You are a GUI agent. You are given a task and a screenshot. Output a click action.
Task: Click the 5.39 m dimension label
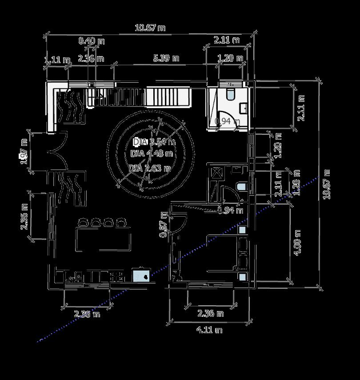[x=166, y=58]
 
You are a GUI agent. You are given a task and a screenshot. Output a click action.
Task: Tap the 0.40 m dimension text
[x=92, y=41]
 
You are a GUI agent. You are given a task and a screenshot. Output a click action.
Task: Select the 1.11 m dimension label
[x=57, y=60]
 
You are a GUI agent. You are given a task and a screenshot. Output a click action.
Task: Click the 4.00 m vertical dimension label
[x=298, y=242]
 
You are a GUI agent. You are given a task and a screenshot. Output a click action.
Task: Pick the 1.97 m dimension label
[x=24, y=151]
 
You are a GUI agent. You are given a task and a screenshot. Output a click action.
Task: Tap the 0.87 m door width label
[x=164, y=223]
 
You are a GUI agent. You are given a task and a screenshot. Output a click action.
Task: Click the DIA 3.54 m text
[x=154, y=142]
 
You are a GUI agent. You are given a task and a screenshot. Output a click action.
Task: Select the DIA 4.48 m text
[x=152, y=154]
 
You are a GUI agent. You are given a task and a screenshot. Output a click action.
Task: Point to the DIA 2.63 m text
[x=150, y=168]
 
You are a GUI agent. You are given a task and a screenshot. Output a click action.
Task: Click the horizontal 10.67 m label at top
[x=150, y=28]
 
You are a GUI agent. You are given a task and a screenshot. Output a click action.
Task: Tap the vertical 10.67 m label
[x=328, y=184]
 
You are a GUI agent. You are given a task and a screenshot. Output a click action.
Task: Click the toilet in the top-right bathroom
[x=230, y=94]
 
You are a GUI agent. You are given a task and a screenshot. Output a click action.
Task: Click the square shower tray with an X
[x=217, y=173]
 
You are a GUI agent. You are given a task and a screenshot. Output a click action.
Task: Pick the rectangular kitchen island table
[x=104, y=239]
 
